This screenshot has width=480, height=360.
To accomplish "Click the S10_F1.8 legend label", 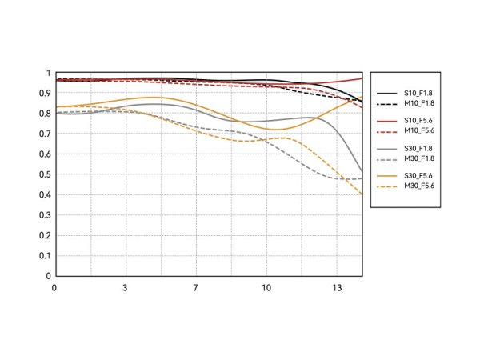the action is (418, 93).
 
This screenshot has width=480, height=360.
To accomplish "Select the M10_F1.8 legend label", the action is (419, 103).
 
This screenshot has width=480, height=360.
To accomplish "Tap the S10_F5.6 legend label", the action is (418, 121).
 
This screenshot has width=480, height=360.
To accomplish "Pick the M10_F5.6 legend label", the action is (419, 130).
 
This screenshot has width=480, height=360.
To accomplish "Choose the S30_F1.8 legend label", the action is (418, 149).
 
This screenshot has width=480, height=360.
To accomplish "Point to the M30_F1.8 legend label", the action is (419, 158).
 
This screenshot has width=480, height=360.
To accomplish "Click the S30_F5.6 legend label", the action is (418, 176).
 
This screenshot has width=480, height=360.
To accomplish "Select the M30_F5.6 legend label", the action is (419, 186).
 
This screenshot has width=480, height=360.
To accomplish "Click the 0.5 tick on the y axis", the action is (45, 174).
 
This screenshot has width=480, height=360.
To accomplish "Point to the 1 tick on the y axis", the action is (48, 73).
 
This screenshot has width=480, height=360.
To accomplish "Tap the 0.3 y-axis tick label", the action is (45, 215).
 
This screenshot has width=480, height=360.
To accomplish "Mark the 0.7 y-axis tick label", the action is (45, 134).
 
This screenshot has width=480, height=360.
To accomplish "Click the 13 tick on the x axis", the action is (337, 288).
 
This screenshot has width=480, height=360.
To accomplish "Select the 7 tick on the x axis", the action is (195, 288).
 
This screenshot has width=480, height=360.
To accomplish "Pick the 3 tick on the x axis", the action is (125, 288).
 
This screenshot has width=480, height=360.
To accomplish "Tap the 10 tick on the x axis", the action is (266, 288).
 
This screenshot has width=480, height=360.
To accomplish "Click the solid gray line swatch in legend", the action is (386, 149).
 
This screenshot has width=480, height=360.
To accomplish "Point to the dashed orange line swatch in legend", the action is (386, 186).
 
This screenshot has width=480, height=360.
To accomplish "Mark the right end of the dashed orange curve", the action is (362, 194).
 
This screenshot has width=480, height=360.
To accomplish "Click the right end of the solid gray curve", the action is (362, 171).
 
